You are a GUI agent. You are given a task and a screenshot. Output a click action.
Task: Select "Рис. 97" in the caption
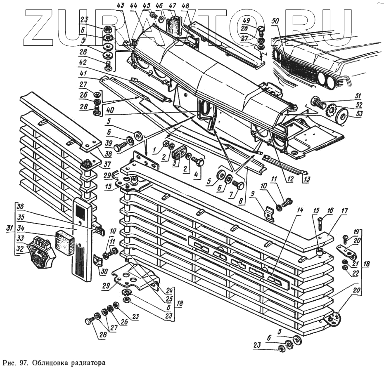tap(15, 363)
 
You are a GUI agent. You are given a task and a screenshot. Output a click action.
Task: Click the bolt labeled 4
tap(199, 162)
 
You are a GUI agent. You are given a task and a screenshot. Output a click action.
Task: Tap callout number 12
tap(290, 179)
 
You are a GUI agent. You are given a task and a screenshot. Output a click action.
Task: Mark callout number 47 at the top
tap(172, 6)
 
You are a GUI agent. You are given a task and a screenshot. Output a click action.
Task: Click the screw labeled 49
tap(261, 30)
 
